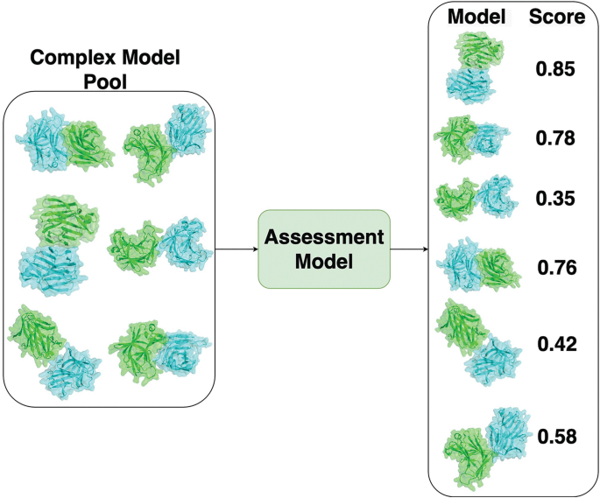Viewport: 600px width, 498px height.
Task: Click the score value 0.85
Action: pos(556,68)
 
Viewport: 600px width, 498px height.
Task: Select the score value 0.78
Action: pos(556,137)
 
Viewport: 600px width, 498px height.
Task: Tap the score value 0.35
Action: pos(556,199)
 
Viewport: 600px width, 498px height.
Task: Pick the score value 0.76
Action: pos(556,267)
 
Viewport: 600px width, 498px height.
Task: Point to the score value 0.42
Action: pos(556,344)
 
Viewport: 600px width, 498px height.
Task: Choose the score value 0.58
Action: pos(556,435)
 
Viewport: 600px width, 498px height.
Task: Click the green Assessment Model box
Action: pos(322,249)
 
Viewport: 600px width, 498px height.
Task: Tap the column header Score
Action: pos(556,18)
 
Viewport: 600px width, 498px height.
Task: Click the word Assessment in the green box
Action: pos(322,237)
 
